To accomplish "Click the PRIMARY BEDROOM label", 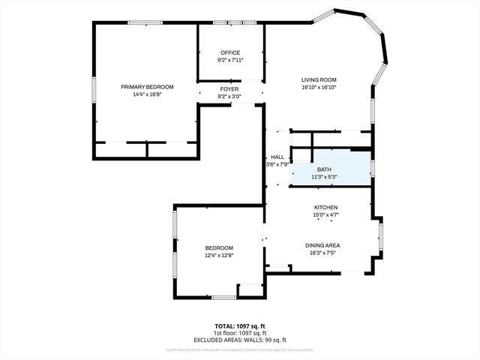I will point(147,87).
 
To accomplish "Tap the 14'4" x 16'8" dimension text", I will point(147,94).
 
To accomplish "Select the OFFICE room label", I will point(229,52).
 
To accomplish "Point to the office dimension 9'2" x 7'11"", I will point(229,60).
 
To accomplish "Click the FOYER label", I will point(229,89).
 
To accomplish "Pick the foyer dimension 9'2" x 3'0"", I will point(229,97).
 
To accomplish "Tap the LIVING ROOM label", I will point(319,79).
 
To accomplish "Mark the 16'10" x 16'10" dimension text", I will point(319,87).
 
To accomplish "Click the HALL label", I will point(277,157).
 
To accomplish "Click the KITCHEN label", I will point(325,208).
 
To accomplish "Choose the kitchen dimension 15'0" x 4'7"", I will point(325,215).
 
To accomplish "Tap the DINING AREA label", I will point(322,245).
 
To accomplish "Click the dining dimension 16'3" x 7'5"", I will point(322,253).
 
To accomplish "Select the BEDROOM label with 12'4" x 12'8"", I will point(219,248).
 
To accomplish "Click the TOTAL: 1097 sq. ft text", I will point(239,326).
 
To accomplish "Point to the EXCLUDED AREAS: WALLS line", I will point(239,340).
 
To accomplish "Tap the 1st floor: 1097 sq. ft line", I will point(239,333).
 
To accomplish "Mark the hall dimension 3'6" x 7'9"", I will point(277,164).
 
